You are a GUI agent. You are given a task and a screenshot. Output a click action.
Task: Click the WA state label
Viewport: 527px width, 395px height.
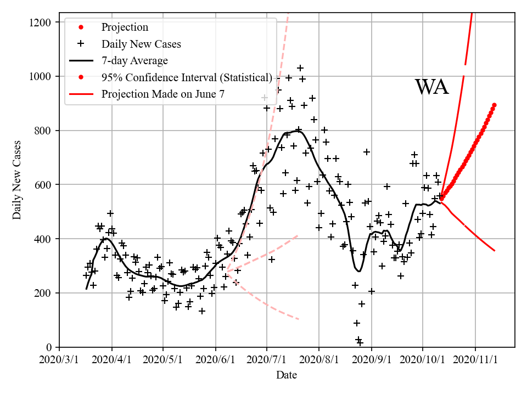431,87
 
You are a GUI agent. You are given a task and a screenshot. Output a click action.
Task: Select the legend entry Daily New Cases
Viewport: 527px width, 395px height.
141,44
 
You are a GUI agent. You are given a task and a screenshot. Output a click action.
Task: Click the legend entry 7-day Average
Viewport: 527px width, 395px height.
134,60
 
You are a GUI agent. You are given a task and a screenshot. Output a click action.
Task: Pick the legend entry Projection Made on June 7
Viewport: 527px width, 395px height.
162,94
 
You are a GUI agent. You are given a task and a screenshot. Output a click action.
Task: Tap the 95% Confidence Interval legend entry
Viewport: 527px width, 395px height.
187,77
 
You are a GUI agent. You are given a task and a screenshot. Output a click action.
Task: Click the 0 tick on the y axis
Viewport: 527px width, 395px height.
49,347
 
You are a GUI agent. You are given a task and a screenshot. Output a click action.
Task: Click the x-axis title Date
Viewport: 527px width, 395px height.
287,376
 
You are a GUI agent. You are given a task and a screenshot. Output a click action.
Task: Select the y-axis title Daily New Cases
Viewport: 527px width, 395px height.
18,179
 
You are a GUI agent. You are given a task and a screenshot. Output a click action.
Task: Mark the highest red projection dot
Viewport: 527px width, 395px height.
494,105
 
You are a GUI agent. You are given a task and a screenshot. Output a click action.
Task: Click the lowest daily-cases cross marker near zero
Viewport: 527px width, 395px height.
360,343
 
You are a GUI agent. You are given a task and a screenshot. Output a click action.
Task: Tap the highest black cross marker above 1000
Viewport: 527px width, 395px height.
300,68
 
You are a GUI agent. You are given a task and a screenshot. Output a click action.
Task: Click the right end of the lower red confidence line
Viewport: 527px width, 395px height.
495,251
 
